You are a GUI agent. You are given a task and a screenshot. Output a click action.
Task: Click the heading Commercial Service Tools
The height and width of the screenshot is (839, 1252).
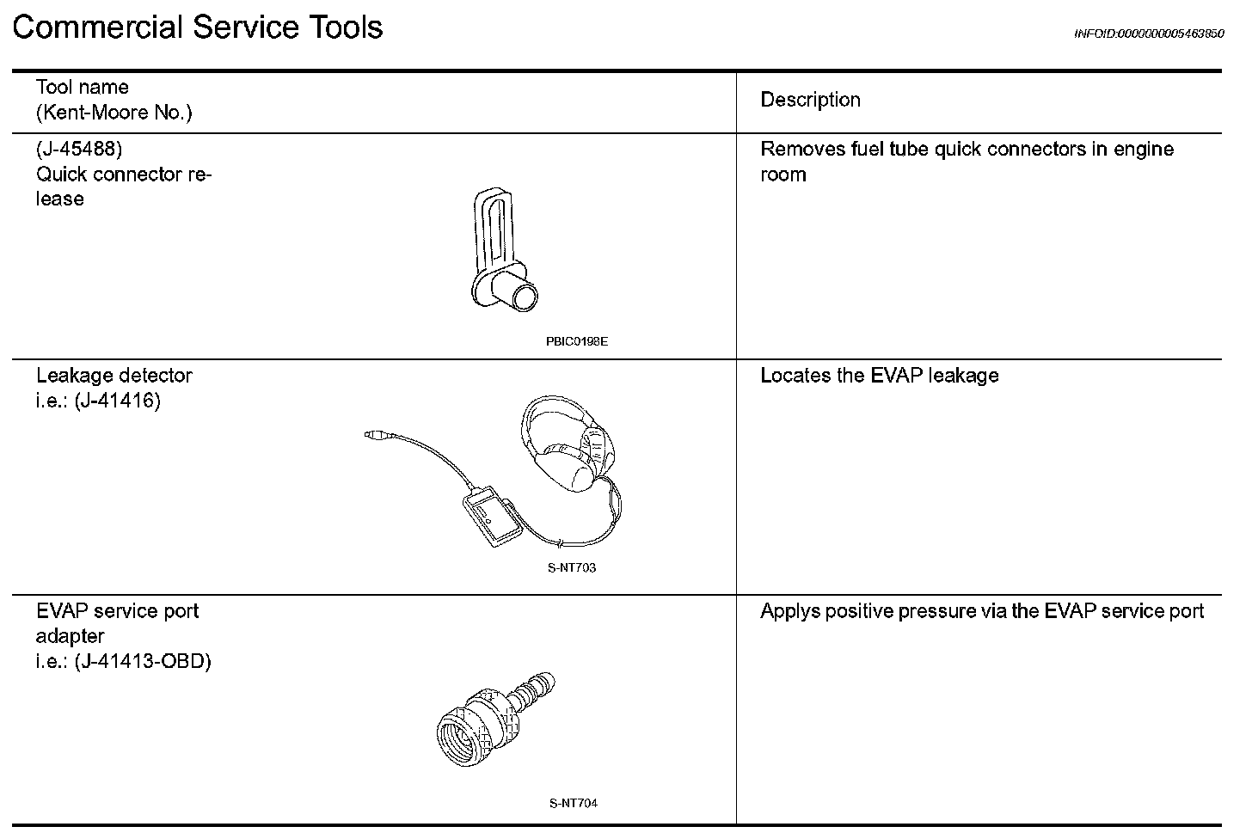[197, 28]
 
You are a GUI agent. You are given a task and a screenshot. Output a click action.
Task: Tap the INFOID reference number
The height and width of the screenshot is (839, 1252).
[1149, 34]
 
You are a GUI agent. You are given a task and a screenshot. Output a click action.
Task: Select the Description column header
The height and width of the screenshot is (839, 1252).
[810, 100]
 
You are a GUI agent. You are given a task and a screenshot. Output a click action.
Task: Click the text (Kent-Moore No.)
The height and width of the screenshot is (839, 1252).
[114, 113]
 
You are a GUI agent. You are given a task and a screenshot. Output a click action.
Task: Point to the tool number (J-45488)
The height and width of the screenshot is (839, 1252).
[79, 149]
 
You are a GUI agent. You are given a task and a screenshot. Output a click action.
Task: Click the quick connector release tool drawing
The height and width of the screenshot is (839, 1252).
[503, 250]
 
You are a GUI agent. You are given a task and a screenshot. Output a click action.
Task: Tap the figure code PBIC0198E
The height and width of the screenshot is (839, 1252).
[576, 341]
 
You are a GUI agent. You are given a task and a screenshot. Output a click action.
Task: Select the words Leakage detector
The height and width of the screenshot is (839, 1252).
[114, 376]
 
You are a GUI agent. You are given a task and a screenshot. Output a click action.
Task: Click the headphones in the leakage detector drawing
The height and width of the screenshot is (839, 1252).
[569, 444]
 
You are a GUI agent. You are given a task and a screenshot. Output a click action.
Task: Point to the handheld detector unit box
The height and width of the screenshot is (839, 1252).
[492, 516]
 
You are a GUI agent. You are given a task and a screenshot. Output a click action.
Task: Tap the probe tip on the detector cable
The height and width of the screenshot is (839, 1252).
[376, 434]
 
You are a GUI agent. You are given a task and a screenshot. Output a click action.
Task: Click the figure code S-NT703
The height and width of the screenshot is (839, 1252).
[572, 568]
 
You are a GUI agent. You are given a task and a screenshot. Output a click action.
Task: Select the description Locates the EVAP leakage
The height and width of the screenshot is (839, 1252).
[879, 376]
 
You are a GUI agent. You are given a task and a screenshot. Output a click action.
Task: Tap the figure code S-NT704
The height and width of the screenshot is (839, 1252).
[574, 803]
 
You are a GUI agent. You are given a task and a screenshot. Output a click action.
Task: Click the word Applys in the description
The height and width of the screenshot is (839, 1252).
[789, 612]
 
